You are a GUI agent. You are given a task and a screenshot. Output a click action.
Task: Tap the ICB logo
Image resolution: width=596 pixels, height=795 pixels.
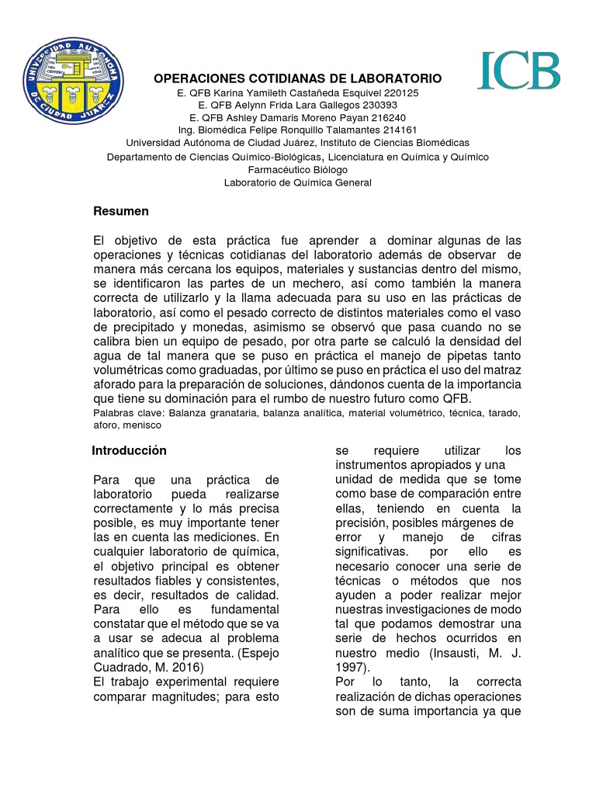coord(519,72)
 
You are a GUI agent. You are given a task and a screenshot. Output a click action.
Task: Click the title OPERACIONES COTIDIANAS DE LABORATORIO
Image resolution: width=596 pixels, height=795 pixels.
coord(298,79)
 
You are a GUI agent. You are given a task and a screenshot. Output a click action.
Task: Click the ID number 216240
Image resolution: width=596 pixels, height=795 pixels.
coord(389,118)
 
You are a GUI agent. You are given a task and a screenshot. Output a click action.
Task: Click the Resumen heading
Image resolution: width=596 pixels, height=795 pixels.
coord(121,212)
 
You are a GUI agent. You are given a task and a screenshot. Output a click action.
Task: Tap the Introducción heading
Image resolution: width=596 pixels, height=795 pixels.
coord(129,450)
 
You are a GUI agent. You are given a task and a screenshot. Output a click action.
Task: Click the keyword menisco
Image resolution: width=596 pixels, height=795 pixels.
coord(143,425)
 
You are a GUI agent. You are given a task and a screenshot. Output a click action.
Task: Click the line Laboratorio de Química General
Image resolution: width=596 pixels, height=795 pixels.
coord(298,183)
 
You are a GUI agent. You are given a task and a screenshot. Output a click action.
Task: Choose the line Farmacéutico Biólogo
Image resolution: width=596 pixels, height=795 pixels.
coord(298,170)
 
